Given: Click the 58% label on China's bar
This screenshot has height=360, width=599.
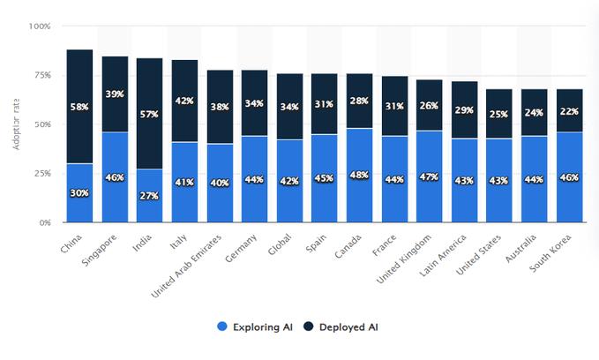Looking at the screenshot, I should tap(79, 107).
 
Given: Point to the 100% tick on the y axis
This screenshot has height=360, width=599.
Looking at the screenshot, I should tap(40, 26).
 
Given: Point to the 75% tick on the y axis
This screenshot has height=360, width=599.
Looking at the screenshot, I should tap(41, 75).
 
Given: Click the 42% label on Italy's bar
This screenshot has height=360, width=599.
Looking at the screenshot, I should tap(184, 101).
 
